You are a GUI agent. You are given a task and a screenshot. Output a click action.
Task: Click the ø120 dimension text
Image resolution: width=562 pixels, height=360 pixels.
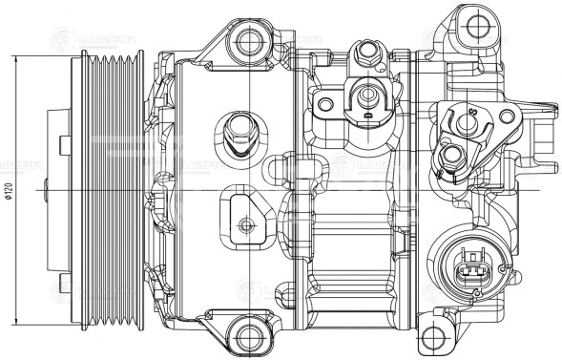coord(8,192)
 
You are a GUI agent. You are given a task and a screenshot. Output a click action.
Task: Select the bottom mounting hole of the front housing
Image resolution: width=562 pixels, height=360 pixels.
coord(249,336)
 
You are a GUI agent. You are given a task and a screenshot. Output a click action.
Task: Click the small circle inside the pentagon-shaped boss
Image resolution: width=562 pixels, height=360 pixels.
coord(246,225)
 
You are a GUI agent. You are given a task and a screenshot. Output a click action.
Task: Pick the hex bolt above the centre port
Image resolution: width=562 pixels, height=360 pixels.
coord(364,53)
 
